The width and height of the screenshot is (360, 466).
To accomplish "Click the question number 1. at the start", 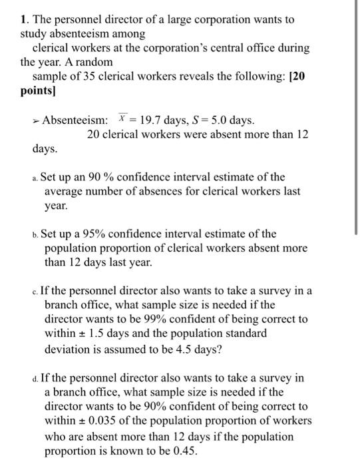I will point(24,20).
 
